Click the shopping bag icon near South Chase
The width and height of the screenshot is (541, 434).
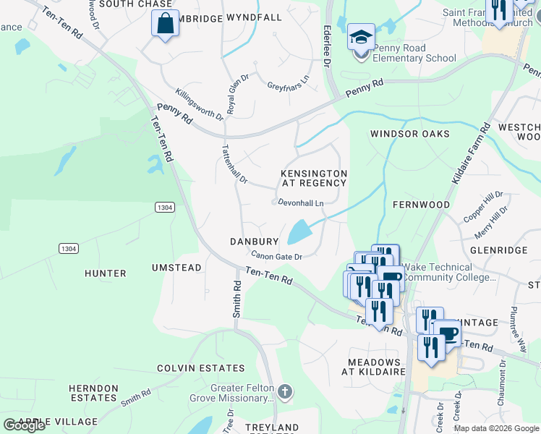click(x=166, y=22)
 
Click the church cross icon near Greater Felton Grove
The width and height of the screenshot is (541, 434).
click(x=285, y=393)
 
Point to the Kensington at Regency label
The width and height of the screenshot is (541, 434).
click(x=314, y=178)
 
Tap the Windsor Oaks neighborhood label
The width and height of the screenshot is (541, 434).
click(x=409, y=134)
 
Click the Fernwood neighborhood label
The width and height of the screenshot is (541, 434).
click(x=421, y=205)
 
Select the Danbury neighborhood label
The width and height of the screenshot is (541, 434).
click(x=254, y=242)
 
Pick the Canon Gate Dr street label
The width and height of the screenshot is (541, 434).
click(x=276, y=255)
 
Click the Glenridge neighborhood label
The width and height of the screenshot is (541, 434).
click(x=498, y=250)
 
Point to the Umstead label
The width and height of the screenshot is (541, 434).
click(x=176, y=268)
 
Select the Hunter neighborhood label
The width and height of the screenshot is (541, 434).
click(x=105, y=273)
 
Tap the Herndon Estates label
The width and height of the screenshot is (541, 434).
click(x=93, y=393)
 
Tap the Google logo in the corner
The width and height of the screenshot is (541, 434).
click(x=25, y=425)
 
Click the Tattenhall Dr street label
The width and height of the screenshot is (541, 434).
click(x=234, y=163)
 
